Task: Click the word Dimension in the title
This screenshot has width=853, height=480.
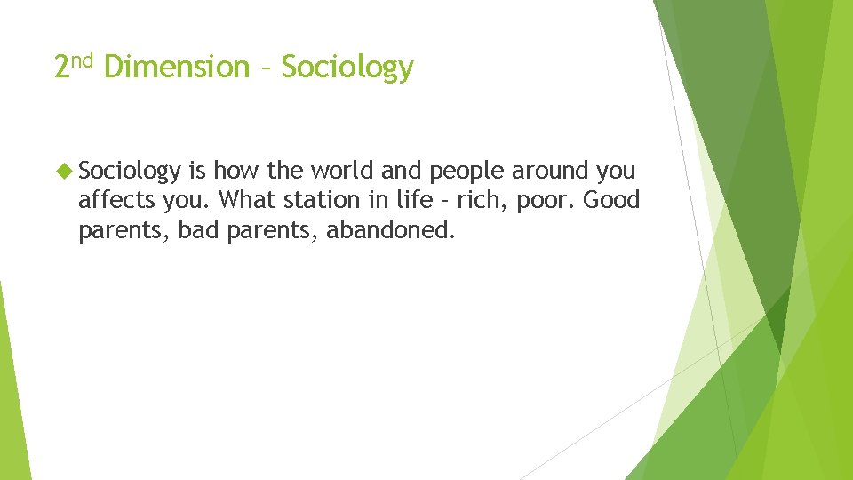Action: point(177,68)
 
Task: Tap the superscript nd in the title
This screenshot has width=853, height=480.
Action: point(83,60)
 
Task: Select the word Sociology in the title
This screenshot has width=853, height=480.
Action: point(347,68)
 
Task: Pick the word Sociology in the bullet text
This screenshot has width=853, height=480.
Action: point(131,172)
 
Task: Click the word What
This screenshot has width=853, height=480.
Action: point(244,200)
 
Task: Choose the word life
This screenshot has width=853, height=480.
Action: point(402,200)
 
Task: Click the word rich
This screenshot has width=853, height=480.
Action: point(467,200)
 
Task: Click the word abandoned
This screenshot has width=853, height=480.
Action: point(390,230)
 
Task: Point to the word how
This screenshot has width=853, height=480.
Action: point(234,170)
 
